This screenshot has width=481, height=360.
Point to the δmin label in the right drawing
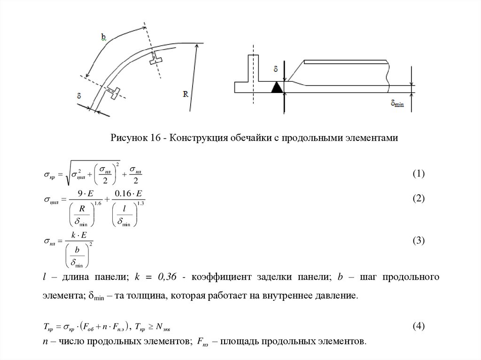tap(397, 103)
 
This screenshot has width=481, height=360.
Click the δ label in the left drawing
tap(78, 96)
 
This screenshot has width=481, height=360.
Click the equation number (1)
tap(419, 174)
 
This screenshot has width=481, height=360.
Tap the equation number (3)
tap(419, 241)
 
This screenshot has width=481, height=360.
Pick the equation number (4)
tap(419, 326)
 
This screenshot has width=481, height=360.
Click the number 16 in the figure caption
tap(156, 138)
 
